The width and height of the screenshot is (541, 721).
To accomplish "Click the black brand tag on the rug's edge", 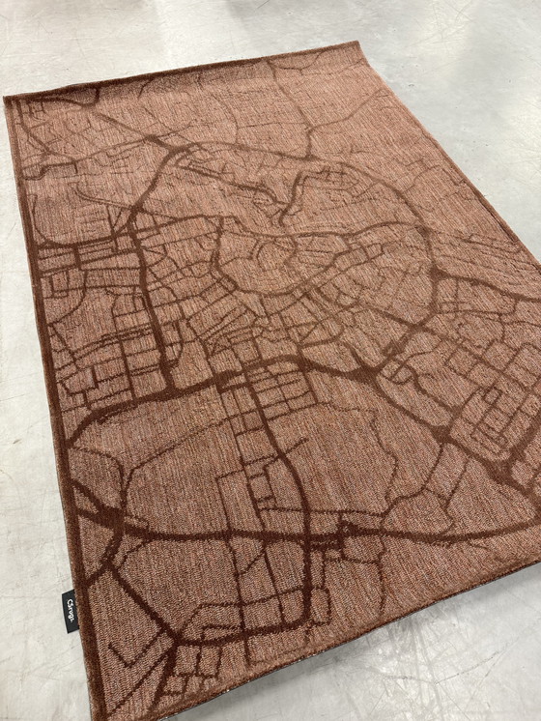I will click(x=71, y=611).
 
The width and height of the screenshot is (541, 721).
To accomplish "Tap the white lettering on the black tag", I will click(x=71, y=610).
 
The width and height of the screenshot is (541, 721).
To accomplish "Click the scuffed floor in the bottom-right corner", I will click(x=483, y=667).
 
